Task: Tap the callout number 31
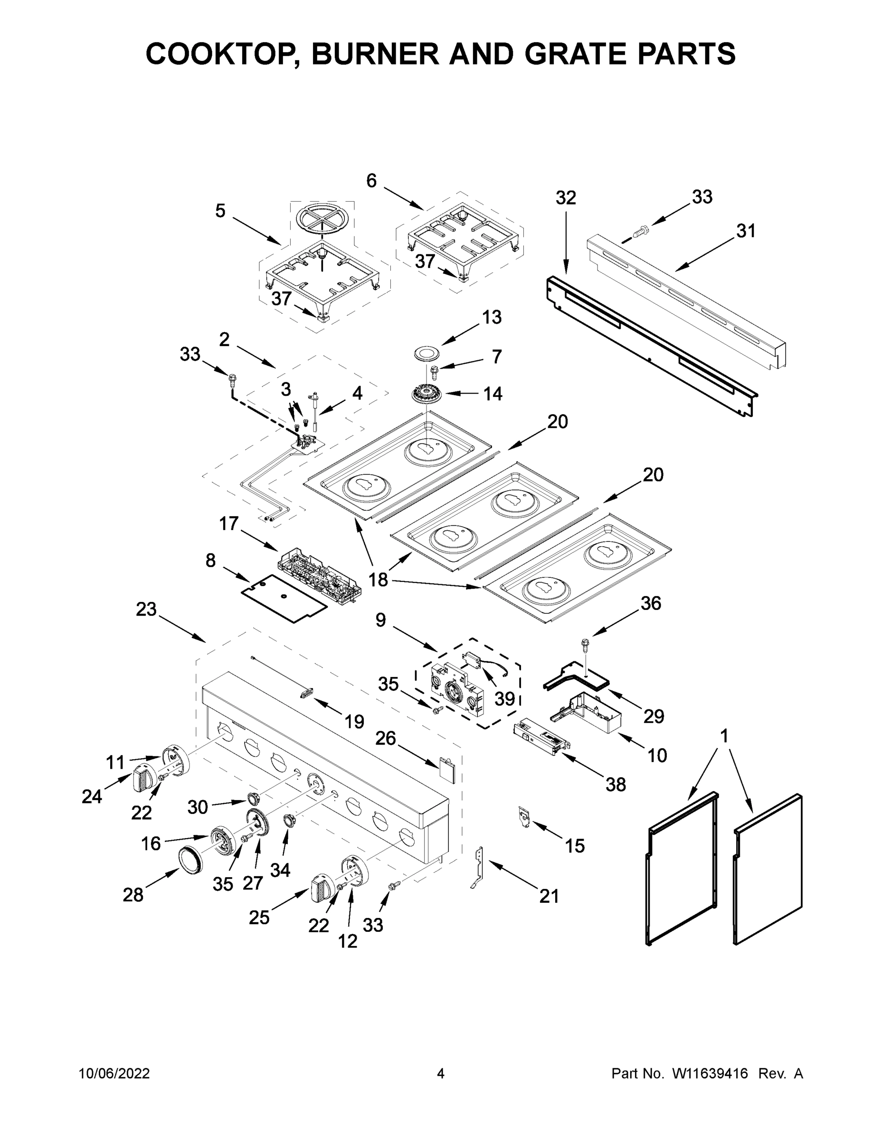(745, 231)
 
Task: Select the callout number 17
(228, 523)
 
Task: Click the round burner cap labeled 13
(426, 353)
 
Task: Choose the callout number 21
(549, 897)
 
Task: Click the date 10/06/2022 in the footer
(114, 1073)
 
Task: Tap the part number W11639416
(710, 1073)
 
